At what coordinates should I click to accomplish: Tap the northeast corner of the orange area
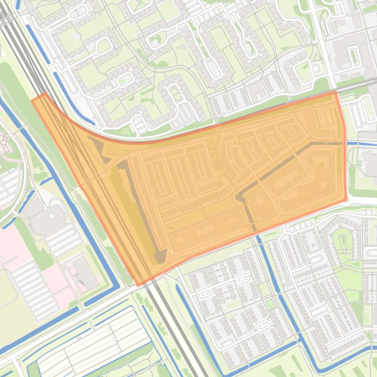[x=336, y=92]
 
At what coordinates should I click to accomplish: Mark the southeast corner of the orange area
[x=346, y=200]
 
